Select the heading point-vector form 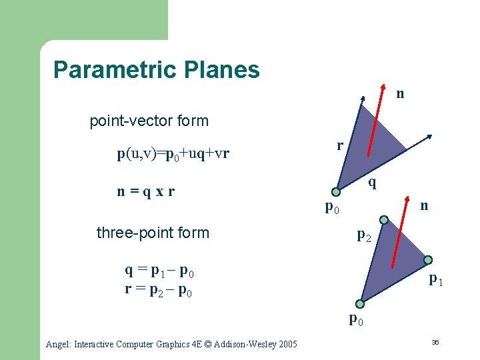[149, 121]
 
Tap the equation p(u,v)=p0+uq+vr [173, 154]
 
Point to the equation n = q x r [146, 192]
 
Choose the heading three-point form [153, 233]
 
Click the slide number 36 [434, 342]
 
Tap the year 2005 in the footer [285, 344]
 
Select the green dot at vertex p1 [428, 260]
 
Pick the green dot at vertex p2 [383, 219]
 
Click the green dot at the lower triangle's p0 [360, 304]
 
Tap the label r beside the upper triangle [340, 145]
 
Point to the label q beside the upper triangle [372, 181]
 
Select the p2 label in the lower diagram [364, 235]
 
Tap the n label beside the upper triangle [400, 94]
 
